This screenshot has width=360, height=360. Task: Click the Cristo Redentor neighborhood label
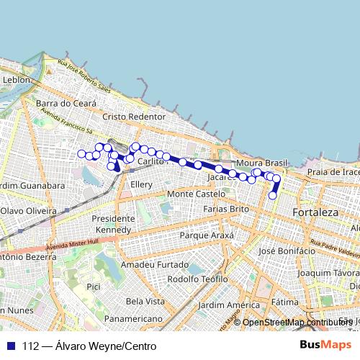134,117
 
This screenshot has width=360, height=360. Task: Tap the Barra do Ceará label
66,104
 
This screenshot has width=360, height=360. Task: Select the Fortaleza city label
315,213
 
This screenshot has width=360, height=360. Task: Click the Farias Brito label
226,209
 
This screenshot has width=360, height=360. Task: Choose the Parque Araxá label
207,235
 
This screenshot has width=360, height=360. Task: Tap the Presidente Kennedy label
113,224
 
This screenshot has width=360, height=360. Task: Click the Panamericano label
135,318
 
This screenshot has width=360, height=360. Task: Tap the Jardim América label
228,305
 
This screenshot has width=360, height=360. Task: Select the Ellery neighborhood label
141,185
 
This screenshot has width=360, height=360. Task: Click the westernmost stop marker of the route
81,153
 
